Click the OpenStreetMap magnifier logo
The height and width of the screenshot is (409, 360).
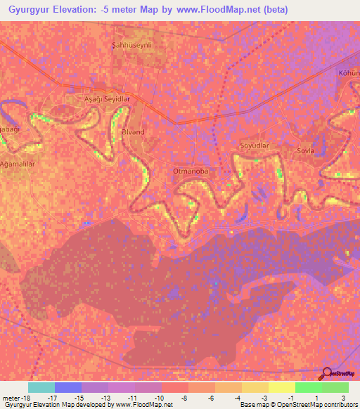326,374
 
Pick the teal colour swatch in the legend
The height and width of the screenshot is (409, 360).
41,387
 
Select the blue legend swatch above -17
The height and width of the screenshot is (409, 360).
68,387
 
